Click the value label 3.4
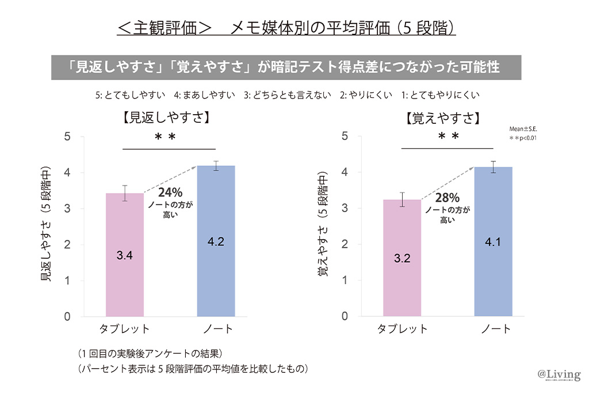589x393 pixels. click(x=124, y=255)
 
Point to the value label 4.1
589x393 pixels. click(x=493, y=242)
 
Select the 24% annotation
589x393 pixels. click(x=170, y=193)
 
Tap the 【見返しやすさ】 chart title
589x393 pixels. click(x=166, y=118)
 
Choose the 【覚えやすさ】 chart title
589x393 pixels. click(x=442, y=119)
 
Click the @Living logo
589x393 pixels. click(x=559, y=375)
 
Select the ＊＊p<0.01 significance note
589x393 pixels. click(x=523, y=139)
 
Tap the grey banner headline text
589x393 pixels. click(x=286, y=67)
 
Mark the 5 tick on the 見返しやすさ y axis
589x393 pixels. click(x=67, y=137)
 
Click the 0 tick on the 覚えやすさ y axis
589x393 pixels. click(x=345, y=316)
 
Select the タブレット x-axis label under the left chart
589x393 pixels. click(x=124, y=329)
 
